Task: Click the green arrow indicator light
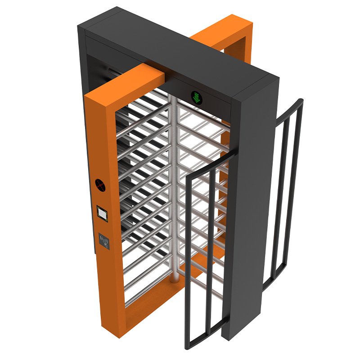point(196,96)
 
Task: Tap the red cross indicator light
point(99,184)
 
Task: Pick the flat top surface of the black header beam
point(180,45)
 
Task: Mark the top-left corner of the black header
point(80,28)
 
